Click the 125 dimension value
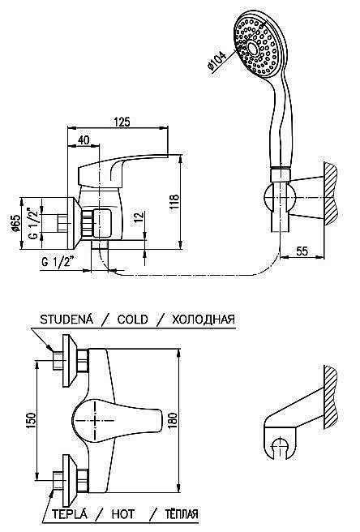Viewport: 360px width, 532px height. (x=122, y=122)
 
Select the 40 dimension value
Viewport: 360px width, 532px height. (x=84, y=139)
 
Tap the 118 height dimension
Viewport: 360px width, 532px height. (x=174, y=204)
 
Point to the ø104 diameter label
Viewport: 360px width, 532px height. (x=216, y=61)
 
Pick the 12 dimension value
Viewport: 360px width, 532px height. (x=136, y=218)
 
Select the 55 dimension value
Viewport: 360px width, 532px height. (x=302, y=251)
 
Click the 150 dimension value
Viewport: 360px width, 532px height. (x=30, y=421)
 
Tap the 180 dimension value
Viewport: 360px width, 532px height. (x=173, y=421)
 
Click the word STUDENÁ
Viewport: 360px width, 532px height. (x=66, y=320)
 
